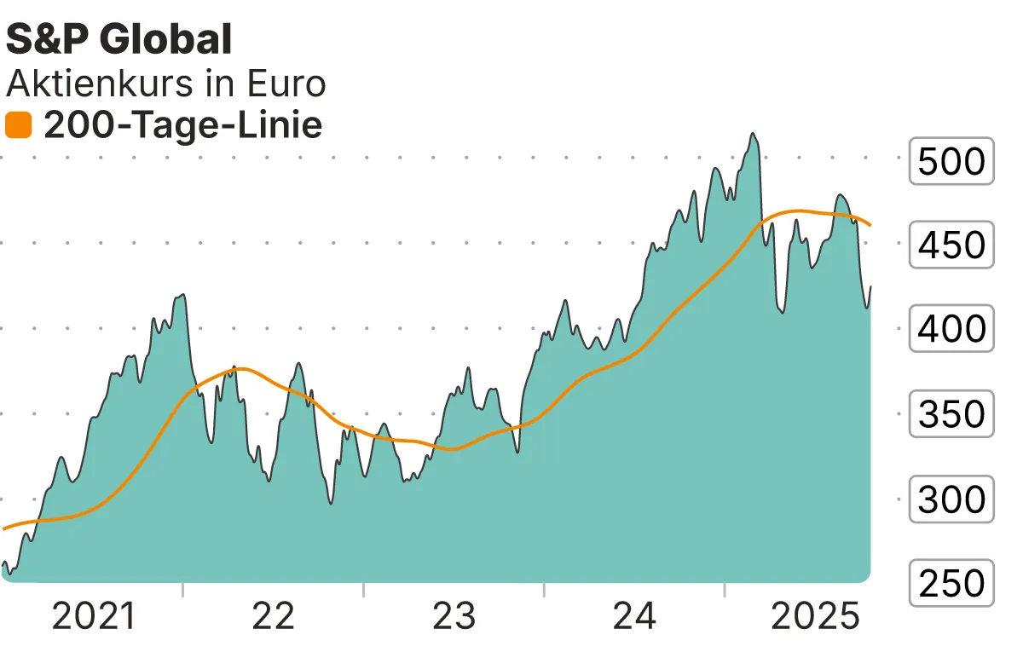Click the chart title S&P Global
(x=118, y=39)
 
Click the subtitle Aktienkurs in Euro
(x=165, y=84)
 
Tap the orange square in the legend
(x=18, y=126)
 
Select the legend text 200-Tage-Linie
(x=182, y=126)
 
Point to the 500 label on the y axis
(x=951, y=160)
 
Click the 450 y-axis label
(x=951, y=245)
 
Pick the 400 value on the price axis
(x=951, y=329)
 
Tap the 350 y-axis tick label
(x=951, y=414)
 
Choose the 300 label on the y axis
(x=951, y=499)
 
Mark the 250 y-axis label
(x=951, y=584)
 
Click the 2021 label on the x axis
(x=94, y=616)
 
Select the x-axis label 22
(x=274, y=616)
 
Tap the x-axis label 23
(x=454, y=616)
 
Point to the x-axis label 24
(x=635, y=616)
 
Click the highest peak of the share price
(x=752, y=134)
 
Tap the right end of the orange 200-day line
(x=870, y=225)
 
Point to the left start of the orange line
(x=4, y=528)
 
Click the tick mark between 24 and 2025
(x=725, y=590)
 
